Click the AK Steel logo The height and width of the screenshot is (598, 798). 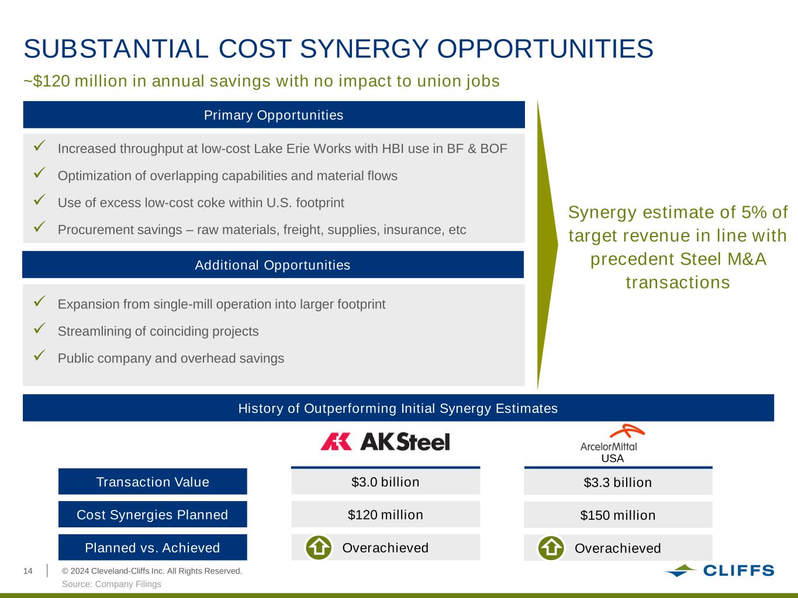385,441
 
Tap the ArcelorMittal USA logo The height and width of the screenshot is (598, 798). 612,443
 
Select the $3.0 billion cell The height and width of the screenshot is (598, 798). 385,482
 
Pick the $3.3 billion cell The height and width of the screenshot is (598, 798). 618,482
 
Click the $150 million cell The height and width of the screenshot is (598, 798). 618,515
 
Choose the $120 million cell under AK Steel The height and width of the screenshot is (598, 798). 385,514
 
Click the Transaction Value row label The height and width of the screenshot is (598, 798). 153,481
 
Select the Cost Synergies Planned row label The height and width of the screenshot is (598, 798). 153,514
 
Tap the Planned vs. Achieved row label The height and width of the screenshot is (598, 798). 153,547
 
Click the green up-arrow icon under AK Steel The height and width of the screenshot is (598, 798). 319,547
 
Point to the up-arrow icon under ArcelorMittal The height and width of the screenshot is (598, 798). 551,548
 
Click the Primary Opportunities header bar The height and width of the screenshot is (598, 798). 274,114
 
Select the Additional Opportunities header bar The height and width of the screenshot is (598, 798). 273,265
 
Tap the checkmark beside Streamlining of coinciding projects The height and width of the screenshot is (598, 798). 39,328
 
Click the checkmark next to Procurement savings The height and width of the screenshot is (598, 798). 39,227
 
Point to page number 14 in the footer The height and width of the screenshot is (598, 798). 28,571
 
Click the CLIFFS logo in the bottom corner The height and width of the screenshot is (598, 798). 719,571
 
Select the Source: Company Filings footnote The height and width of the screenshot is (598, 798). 112,584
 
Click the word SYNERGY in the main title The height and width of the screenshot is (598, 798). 364,48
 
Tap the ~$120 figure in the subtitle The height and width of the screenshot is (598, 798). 47,81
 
